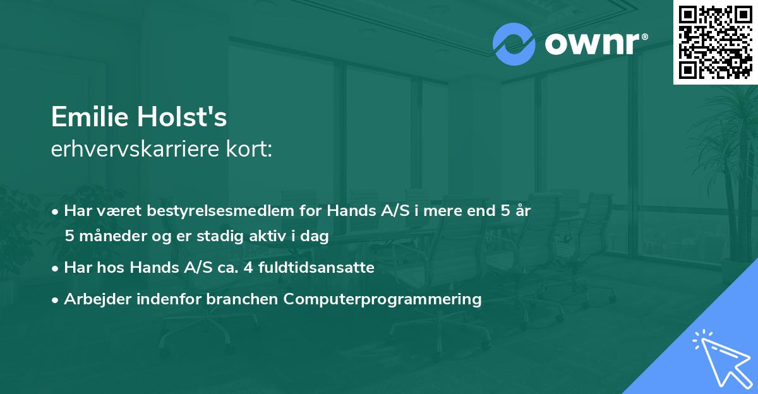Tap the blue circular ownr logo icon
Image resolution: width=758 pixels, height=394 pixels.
514,44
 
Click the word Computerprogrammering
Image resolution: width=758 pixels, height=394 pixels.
383,299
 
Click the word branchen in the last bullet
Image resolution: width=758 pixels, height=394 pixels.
248,299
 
